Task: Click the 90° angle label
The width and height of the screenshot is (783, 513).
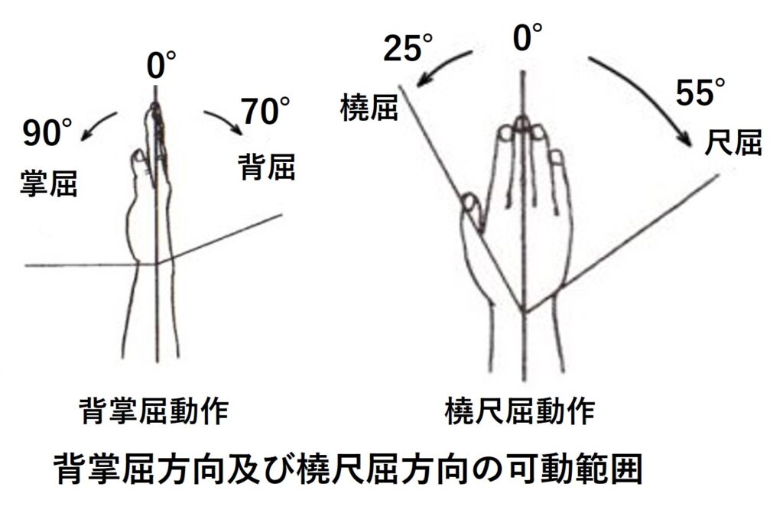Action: (x=47, y=131)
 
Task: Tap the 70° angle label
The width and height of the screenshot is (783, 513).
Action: (x=265, y=110)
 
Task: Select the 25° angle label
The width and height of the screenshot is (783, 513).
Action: (x=408, y=47)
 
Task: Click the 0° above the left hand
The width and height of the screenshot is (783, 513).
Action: (x=161, y=65)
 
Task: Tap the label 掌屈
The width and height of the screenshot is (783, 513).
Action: (x=48, y=183)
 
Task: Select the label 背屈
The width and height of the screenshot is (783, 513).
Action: (x=266, y=167)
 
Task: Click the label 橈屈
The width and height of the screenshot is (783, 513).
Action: (x=369, y=107)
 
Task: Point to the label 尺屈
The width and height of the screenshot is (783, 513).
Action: (x=733, y=142)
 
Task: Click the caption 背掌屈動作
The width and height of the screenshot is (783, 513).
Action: (x=154, y=411)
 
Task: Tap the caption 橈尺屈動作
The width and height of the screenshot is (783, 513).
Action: (x=520, y=411)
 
